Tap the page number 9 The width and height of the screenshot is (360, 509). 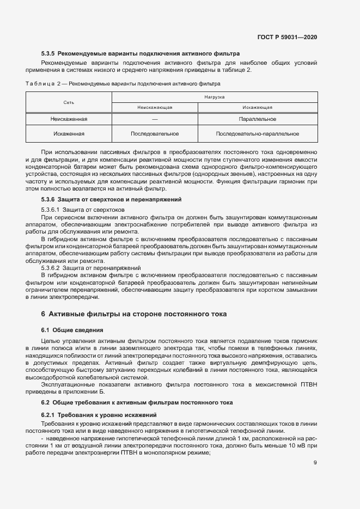click(x=315, y=463)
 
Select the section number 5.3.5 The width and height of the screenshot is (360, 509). click(x=48, y=54)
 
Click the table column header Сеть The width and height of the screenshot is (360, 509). click(x=69, y=102)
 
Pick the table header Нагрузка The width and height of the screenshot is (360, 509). click(x=215, y=97)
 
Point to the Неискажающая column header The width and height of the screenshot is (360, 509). click(x=155, y=108)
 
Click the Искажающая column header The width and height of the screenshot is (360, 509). click(x=258, y=108)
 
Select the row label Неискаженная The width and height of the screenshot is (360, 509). click(x=69, y=119)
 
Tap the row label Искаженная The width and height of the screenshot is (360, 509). click(x=69, y=133)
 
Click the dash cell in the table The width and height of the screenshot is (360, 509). click(x=155, y=119)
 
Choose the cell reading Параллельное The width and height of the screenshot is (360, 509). click(x=258, y=119)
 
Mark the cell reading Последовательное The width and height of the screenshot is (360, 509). click(x=155, y=133)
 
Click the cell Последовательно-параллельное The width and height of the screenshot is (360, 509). click(x=258, y=133)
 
